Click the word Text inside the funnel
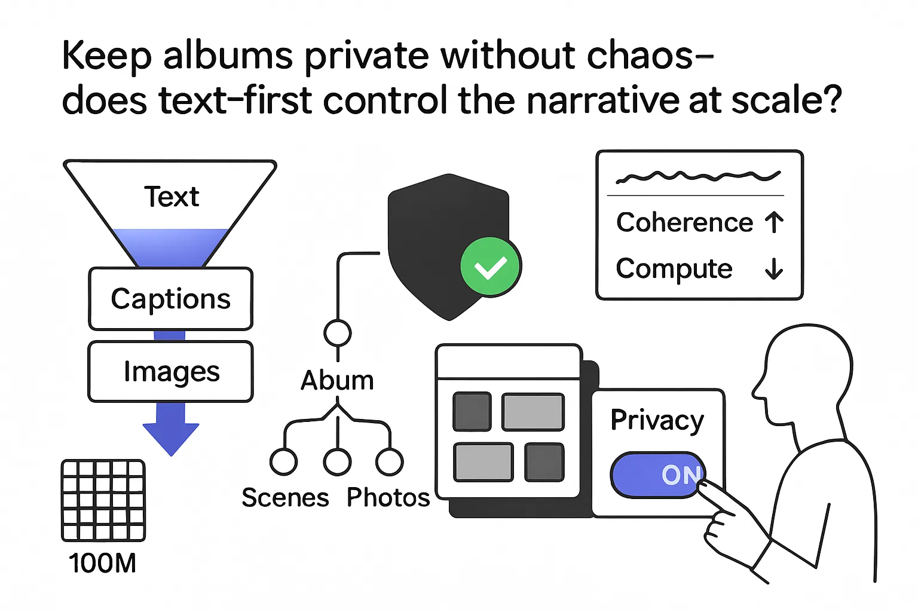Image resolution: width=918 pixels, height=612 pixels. point(172,197)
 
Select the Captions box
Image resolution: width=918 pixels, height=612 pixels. point(171,299)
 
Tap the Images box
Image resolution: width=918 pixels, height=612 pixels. point(171,372)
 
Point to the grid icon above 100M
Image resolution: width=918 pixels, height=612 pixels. point(103,500)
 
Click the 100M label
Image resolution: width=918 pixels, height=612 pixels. point(103,563)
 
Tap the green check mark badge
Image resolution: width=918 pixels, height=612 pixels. point(491,267)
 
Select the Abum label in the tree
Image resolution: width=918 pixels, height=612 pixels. point(337,381)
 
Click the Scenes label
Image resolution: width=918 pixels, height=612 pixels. point(285,498)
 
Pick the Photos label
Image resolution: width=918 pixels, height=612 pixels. point(388,498)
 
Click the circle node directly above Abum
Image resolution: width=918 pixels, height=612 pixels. point(338,333)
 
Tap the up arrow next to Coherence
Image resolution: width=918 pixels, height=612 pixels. point(775,222)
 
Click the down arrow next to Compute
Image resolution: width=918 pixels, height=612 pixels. point(774,269)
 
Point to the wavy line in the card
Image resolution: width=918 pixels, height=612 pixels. point(698,176)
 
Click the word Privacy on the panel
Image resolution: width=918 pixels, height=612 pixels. point(657,420)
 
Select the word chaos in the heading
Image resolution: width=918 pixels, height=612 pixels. point(641,55)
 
